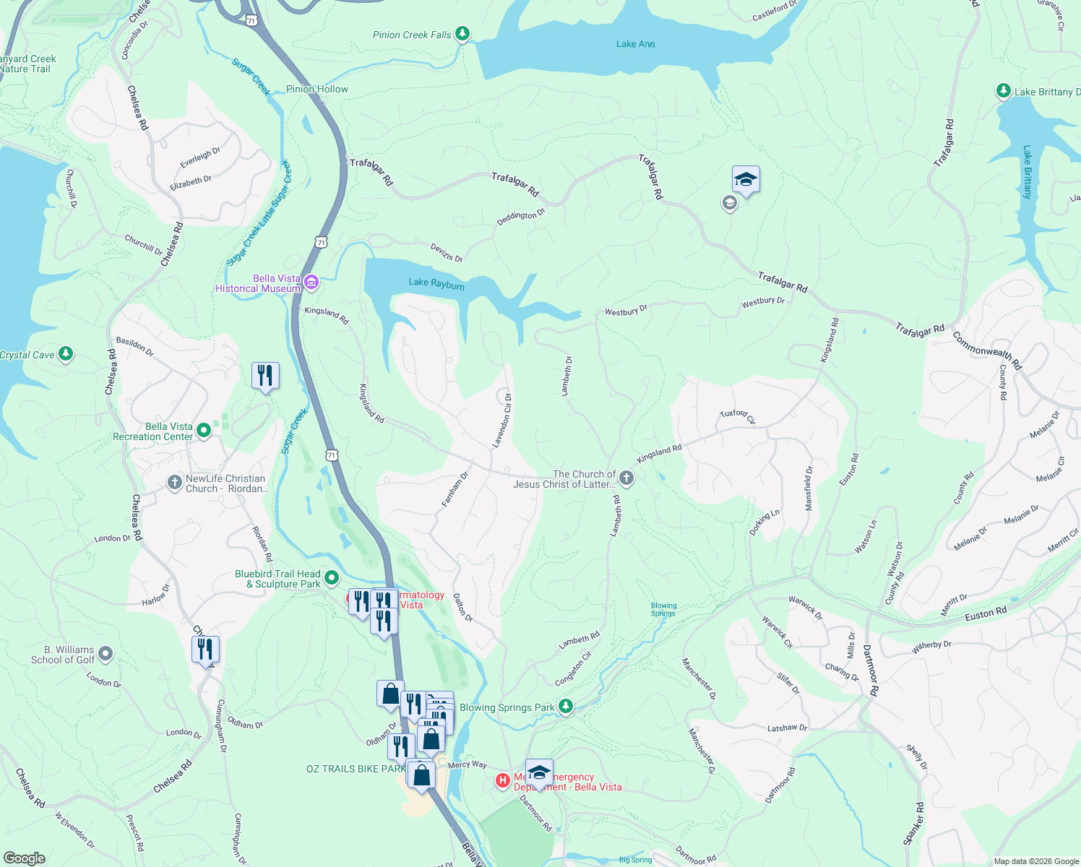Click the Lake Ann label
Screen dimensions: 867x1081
click(635, 44)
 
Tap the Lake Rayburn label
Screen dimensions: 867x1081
click(436, 283)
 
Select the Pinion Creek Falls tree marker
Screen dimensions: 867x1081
click(462, 34)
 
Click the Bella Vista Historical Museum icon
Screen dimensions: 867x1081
click(311, 282)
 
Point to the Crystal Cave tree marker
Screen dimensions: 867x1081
click(66, 353)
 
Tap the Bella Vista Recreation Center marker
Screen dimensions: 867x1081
click(204, 431)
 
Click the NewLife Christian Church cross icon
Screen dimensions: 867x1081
click(174, 483)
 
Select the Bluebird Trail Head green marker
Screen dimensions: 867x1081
click(332, 577)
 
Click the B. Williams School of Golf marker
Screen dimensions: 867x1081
click(105, 654)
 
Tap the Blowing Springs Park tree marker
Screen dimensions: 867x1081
click(566, 706)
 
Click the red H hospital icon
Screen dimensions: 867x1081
click(502, 781)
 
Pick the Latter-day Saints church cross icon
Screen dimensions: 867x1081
click(626, 478)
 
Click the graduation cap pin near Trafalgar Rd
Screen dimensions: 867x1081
click(746, 180)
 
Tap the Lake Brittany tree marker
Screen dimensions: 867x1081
click(1003, 91)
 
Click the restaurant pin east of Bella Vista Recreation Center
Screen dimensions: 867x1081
click(265, 376)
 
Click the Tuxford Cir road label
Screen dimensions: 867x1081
click(737, 415)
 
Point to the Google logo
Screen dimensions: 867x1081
click(24, 858)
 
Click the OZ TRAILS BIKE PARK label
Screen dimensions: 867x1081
click(356, 769)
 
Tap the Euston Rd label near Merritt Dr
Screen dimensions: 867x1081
click(986, 614)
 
